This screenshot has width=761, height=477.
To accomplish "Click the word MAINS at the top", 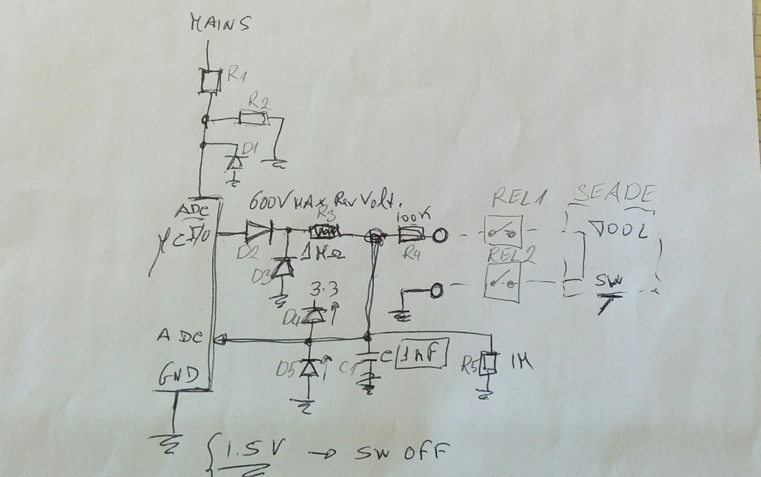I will pyautogui.click(x=221, y=25).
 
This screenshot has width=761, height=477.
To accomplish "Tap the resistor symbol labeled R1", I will pyautogui.click(x=209, y=81).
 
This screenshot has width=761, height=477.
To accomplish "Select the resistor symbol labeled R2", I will pyautogui.click(x=254, y=118).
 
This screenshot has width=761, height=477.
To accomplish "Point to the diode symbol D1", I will pyautogui.click(x=235, y=161).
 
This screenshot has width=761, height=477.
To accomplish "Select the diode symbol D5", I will pyautogui.click(x=310, y=368).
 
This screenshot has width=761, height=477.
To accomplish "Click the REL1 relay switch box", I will pyautogui.click(x=504, y=230).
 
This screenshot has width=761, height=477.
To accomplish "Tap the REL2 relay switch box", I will pyautogui.click(x=504, y=282).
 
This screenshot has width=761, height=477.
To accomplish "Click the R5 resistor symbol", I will pyautogui.click(x=488, y=362).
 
